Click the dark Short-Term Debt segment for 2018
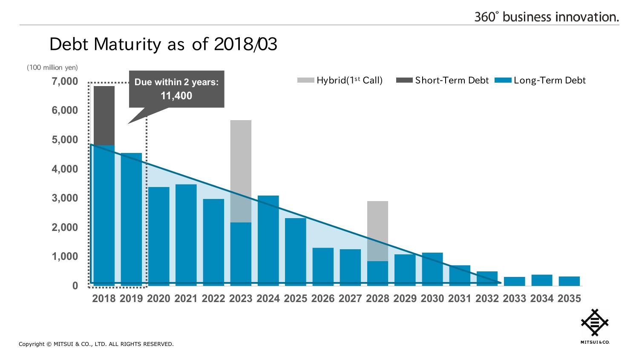click(x=104, y=115)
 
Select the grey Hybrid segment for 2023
click(x=241, y=170)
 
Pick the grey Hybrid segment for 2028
click(x=377, y=230)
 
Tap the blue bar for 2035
click(x=569, y=281)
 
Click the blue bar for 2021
click(x=186, y=235)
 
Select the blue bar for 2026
click(x=323, y=267)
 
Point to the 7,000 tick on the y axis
click(x=65, y=81)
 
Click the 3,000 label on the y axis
click(x=65, y=198)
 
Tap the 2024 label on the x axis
click(x=268, y=299)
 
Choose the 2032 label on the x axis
click(x=487, y=299)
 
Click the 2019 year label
click(x=131, y=299)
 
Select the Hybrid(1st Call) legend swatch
click(x=305, y=80)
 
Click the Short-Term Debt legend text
click(x=452, y=81)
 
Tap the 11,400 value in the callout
click(x=176, y=96)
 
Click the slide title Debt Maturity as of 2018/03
click(x=163, y=44)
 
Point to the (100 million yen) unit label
click(x=52, y=67)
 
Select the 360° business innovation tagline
click(x=547, y=17)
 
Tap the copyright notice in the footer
click(x=96, y=344)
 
